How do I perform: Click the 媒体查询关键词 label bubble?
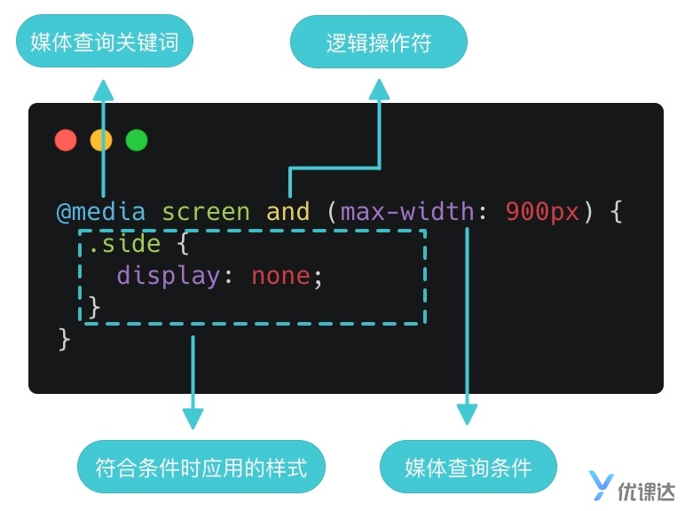tap(104, 42)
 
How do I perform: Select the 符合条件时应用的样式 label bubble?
tap(201, 467)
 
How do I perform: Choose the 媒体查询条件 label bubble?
tap(468, 467)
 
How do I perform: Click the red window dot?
tap(65, 140)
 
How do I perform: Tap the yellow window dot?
tap(101, 140)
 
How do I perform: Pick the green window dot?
tap(136, 140)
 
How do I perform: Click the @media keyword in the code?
tap(103, 212)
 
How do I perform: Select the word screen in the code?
tap(206, 212)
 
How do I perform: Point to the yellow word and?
tap(287, 212)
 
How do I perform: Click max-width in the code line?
tap(407, 212)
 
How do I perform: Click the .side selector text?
tap(125, 244)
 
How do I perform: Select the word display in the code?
tap(169, 275)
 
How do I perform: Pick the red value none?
tap(280, 275)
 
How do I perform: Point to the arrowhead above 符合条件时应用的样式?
tap(193, 417)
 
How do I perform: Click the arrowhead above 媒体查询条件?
tap(467, 414)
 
